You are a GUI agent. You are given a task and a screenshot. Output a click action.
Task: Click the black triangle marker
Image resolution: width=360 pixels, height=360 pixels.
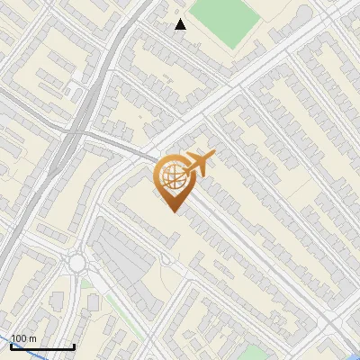(181, 24)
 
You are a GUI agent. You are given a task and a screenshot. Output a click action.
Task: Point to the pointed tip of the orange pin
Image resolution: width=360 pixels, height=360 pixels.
(172, 211)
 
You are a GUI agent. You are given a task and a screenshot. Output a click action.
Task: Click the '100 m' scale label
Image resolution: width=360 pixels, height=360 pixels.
(23, 338)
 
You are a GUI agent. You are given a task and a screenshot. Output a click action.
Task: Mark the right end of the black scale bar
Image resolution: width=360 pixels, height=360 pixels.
(74, 346)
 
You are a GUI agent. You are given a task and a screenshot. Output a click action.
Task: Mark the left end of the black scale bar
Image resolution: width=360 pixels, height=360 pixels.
(11, 346)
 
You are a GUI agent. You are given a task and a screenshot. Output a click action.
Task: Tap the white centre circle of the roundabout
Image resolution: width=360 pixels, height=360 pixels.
(76, 263)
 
